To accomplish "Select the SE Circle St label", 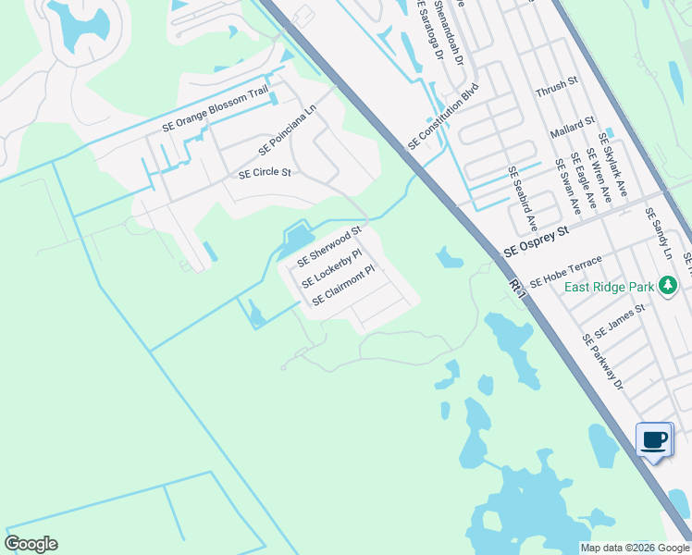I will point(265,173).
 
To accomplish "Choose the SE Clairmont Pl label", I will point(342,286).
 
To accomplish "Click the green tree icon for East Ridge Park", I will point(667,286).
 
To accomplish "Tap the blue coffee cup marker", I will point(654,439).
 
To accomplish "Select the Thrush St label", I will point(557,81).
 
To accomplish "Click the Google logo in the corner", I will point(31,544).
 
